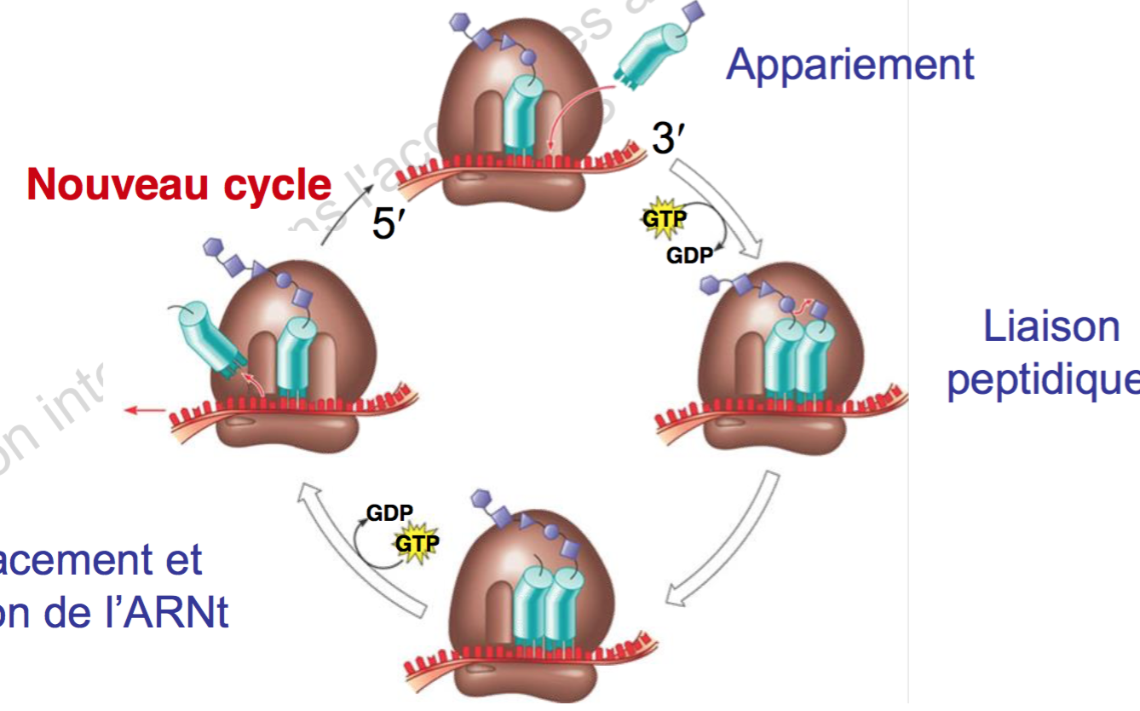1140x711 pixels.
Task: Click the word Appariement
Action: (x=849, y=64)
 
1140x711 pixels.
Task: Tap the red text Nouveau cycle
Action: (x=179, y=184)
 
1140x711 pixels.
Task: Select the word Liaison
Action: (x=1051, y=327)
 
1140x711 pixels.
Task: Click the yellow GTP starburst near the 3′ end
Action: (x=663, y=217)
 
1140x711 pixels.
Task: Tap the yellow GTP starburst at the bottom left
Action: (x=415, y=542)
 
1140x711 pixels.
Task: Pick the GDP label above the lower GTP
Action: (x=389, y=512)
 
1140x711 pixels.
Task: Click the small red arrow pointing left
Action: (x=144, y=412)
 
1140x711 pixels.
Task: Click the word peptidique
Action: (x=1043, y=380)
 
